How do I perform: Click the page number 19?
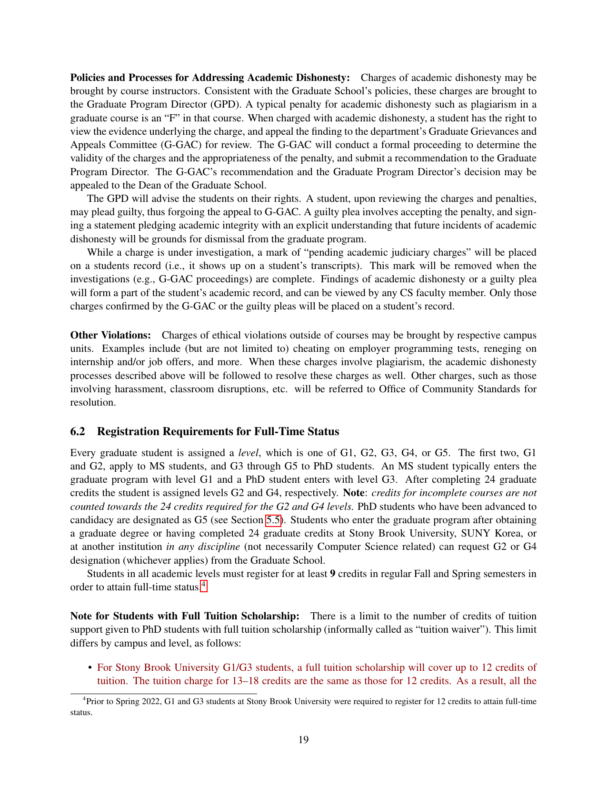(x=303, y=739)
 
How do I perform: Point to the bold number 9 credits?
(x=332, y=573)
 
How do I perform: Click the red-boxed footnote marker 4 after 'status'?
(x=204, y=586)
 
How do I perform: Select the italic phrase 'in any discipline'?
(x=203, y=547)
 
